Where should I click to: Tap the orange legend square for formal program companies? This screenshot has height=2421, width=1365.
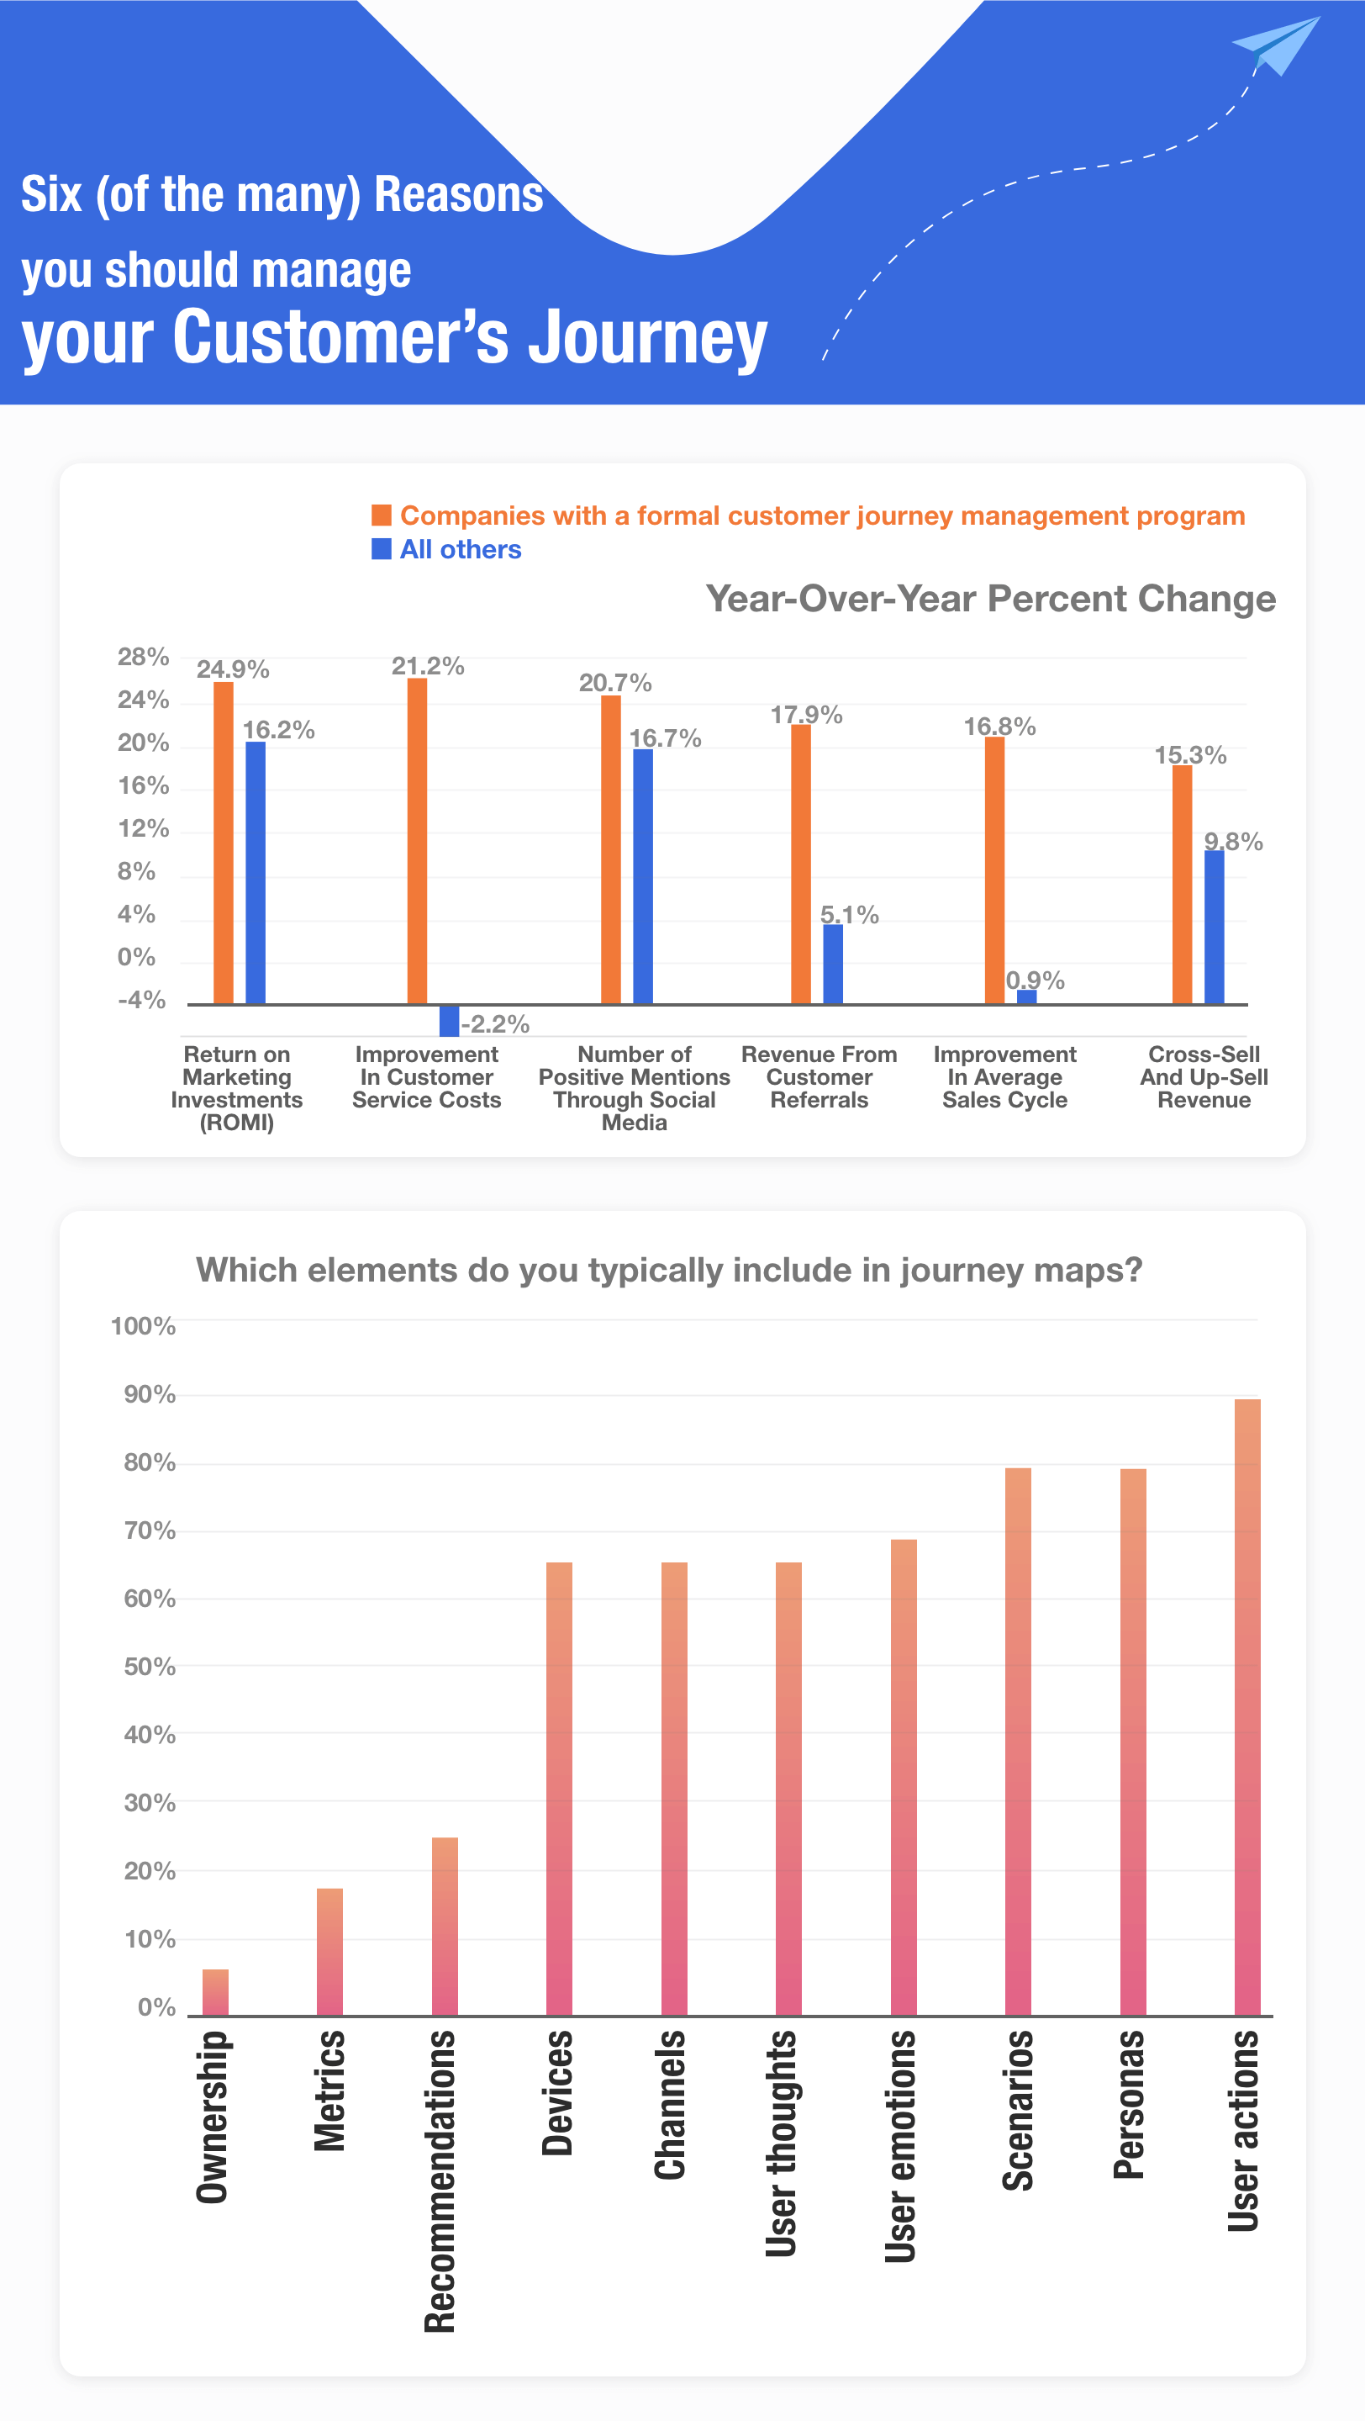[x=381, y=514]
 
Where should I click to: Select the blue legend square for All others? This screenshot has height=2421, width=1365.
[x=381, y=548]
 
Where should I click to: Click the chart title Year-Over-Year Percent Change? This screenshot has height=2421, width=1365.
[x=990, y=599]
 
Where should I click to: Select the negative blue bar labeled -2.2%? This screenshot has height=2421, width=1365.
[x=449, y=1020]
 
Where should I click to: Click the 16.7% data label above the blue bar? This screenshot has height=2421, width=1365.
[x=665, y=738]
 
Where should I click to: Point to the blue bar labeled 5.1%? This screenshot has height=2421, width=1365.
[x=832, y=964]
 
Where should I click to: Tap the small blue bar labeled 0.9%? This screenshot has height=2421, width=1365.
[x=1027, y=996]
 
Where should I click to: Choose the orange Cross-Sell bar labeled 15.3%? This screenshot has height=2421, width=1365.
[x=1181, y=884]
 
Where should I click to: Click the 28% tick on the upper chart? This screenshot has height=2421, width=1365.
[x=143, y=657]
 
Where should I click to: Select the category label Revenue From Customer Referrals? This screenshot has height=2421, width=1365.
[x=820, y=1077]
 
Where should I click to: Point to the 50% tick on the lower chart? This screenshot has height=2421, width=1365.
[x=150, y=1667]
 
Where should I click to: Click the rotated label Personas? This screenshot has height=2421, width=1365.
[x=1129, y=2105]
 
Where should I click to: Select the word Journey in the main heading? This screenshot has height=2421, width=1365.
[x=647, y=338]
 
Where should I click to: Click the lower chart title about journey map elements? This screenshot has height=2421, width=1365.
[x=669, y=1270]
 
